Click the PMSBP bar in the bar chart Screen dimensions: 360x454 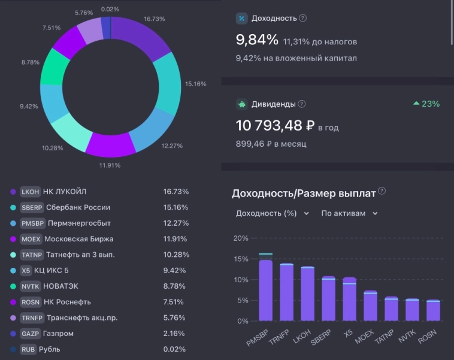265,291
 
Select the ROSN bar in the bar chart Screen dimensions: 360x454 432,311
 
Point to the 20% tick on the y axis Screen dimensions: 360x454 240,238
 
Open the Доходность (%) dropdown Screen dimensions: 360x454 273,213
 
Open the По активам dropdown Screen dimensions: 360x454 350,213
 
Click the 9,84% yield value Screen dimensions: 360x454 257,40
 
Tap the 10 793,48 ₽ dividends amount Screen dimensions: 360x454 275,126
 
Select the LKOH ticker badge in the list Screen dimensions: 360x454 30,192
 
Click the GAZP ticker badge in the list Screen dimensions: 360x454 30,334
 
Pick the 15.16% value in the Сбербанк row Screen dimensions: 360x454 175,207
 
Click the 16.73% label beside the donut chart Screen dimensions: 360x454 155,20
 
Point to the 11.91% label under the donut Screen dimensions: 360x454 110,165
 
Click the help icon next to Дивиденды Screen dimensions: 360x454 302,104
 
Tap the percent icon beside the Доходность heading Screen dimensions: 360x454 242,19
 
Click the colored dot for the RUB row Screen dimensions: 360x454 13,349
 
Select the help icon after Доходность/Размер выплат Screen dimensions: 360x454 382,192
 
